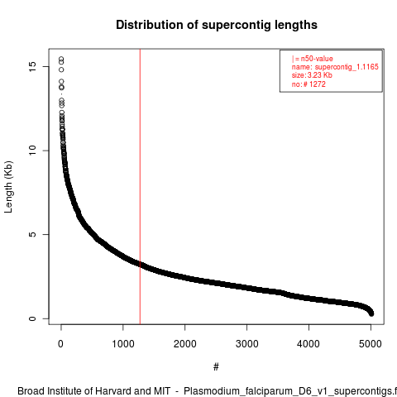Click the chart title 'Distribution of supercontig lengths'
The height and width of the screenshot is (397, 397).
217,25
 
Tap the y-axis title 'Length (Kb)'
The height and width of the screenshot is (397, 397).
8,187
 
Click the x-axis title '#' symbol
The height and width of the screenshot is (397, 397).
216,367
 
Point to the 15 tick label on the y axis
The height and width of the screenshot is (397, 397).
32,66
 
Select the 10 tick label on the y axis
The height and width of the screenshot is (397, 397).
32,151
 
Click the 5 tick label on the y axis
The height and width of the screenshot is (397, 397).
32,234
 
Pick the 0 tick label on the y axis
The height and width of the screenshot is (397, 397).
32,318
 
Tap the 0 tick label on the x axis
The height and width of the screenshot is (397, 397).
61,344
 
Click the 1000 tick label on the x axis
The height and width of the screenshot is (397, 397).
123,344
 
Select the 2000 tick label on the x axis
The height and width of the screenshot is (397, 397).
185,344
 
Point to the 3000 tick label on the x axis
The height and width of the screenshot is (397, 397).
247,344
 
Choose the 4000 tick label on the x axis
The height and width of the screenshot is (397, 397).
309,344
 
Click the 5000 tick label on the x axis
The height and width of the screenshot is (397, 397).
371,344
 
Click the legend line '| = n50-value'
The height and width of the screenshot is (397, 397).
313,59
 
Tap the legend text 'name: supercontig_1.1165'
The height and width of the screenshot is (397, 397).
335,67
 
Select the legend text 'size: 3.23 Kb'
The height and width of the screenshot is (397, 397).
312,75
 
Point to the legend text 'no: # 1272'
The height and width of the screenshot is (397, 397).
309,84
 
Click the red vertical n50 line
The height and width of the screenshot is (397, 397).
140,187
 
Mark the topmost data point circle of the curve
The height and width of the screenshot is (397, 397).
61,59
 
